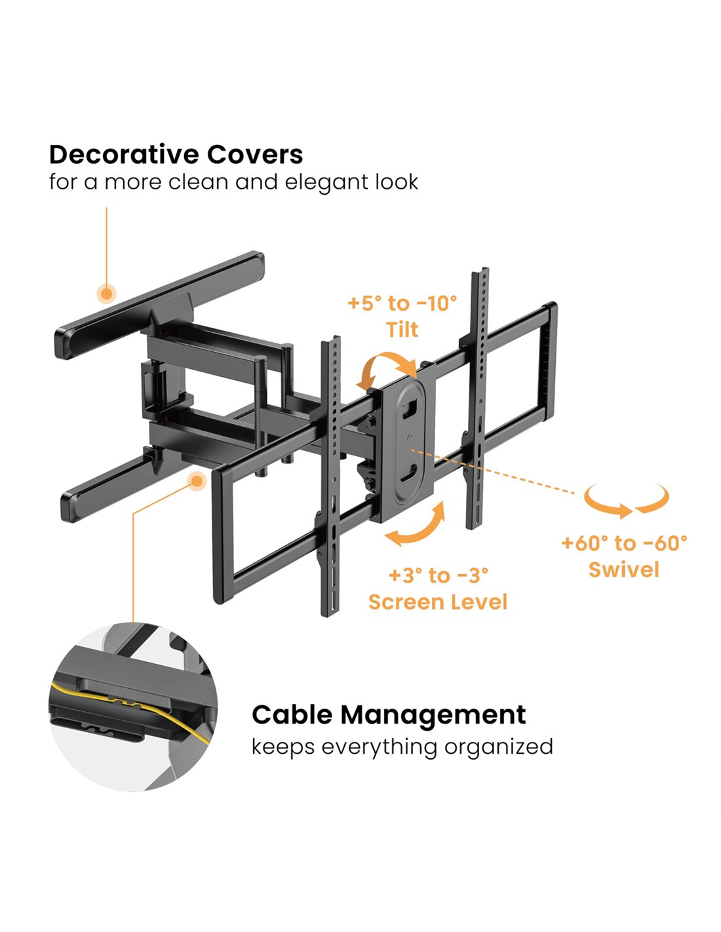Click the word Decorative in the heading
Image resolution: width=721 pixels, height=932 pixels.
pyautogui.click(x=123, y=155)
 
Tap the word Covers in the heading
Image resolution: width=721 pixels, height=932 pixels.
pyautogui.click(x=255, y=155)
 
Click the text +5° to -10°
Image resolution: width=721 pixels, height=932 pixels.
pyautogui.click(x=402, y=303)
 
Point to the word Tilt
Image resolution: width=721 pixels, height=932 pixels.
pyautogui.click(x=402, y=329)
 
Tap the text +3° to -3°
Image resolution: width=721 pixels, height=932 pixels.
pyautogui.click(x=438, y=575)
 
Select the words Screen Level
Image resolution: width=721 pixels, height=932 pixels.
pyautogui.click(x=438, y=602)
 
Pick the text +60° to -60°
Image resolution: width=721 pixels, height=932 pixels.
pyautogui.click(x=624, y=543)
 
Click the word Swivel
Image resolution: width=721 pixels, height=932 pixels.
pyautogui.click(x=624, y=569)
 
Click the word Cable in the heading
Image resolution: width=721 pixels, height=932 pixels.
pyautogui.click(x=292, y=715)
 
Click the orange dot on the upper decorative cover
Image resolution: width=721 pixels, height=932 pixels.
pyautogui.click(x=106, y=294)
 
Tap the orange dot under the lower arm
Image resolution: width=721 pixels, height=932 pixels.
pyautogui.click(x=196, y=481)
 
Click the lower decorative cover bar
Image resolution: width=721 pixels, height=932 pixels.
pyautogui.click(x=105, y=488)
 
